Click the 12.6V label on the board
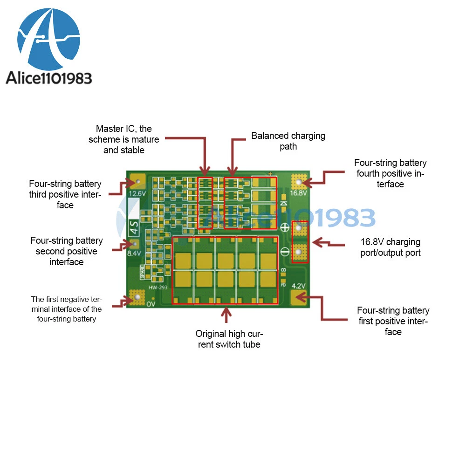tap(137, 193)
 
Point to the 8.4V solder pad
tap(134, 243)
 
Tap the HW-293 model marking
tap(158, 288)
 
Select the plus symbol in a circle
tap(284, 228)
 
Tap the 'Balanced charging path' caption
tap(288, 141)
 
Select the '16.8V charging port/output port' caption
tap(391, 247)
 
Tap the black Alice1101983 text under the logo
tap(49, 77)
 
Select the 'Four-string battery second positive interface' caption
tap(67, 251)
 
